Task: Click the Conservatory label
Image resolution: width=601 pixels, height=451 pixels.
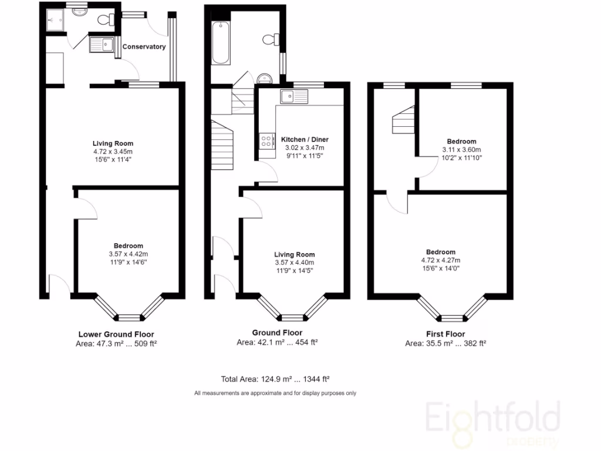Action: point(144,47)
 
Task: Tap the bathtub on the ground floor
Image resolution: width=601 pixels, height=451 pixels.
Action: point(221,42)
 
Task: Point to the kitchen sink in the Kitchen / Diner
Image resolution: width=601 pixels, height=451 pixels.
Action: point(293,96)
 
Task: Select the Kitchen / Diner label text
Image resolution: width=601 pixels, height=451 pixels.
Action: point(305,140)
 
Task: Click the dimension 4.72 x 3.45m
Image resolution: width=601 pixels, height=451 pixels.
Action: point(113,152)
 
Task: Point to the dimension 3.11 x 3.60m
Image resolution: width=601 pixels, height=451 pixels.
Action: point(461,150)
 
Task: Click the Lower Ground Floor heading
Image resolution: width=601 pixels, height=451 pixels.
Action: point(117,334)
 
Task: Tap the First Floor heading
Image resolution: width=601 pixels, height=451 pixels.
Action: point(445,334)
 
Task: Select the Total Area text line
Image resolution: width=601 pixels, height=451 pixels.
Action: point(279,379)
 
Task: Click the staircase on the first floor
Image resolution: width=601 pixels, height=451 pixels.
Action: point(404,121)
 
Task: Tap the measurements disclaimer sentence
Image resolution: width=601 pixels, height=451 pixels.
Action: point(275,393)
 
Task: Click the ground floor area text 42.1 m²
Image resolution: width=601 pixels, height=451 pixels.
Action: point(277,342)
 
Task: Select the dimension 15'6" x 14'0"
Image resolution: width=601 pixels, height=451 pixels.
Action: point(440,268)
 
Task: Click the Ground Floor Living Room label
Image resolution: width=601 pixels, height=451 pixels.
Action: point(294,254)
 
